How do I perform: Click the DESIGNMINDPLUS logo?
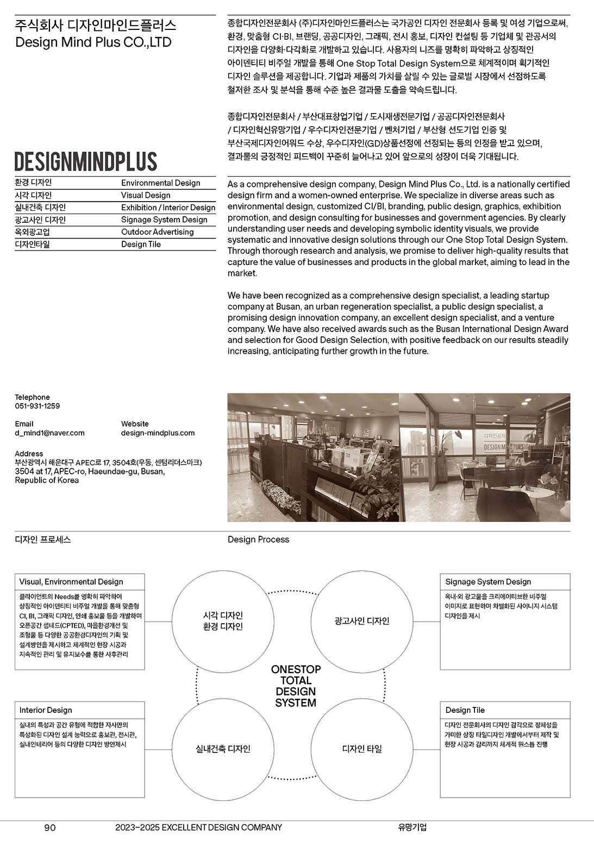[x=86, y=161]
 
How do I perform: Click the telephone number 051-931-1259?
[x=37, y=406]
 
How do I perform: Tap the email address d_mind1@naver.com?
[x=49, y=433]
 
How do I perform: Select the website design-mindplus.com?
[x=158, y=433]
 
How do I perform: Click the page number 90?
[x=49, y=828]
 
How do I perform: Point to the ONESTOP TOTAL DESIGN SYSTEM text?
[x=296, y=686]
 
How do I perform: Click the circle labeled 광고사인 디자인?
[x=362, y=621]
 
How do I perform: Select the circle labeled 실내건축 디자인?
[x=223, y=749]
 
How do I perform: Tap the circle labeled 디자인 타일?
[x=362, y=749]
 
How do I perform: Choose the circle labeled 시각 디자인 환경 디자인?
[x=223, y=621]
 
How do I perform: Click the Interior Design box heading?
[x=46, y=710]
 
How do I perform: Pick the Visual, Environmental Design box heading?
[x=71, y=582]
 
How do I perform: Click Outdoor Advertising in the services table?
[x=157, y=232]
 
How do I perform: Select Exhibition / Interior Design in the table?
[x=168, y=208]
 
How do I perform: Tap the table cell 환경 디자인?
[x=33, y=183]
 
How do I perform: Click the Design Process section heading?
[x=258, y=540]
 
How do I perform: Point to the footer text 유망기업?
[x=412, y=828]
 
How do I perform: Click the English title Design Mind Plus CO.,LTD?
[x=93, y=42]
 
